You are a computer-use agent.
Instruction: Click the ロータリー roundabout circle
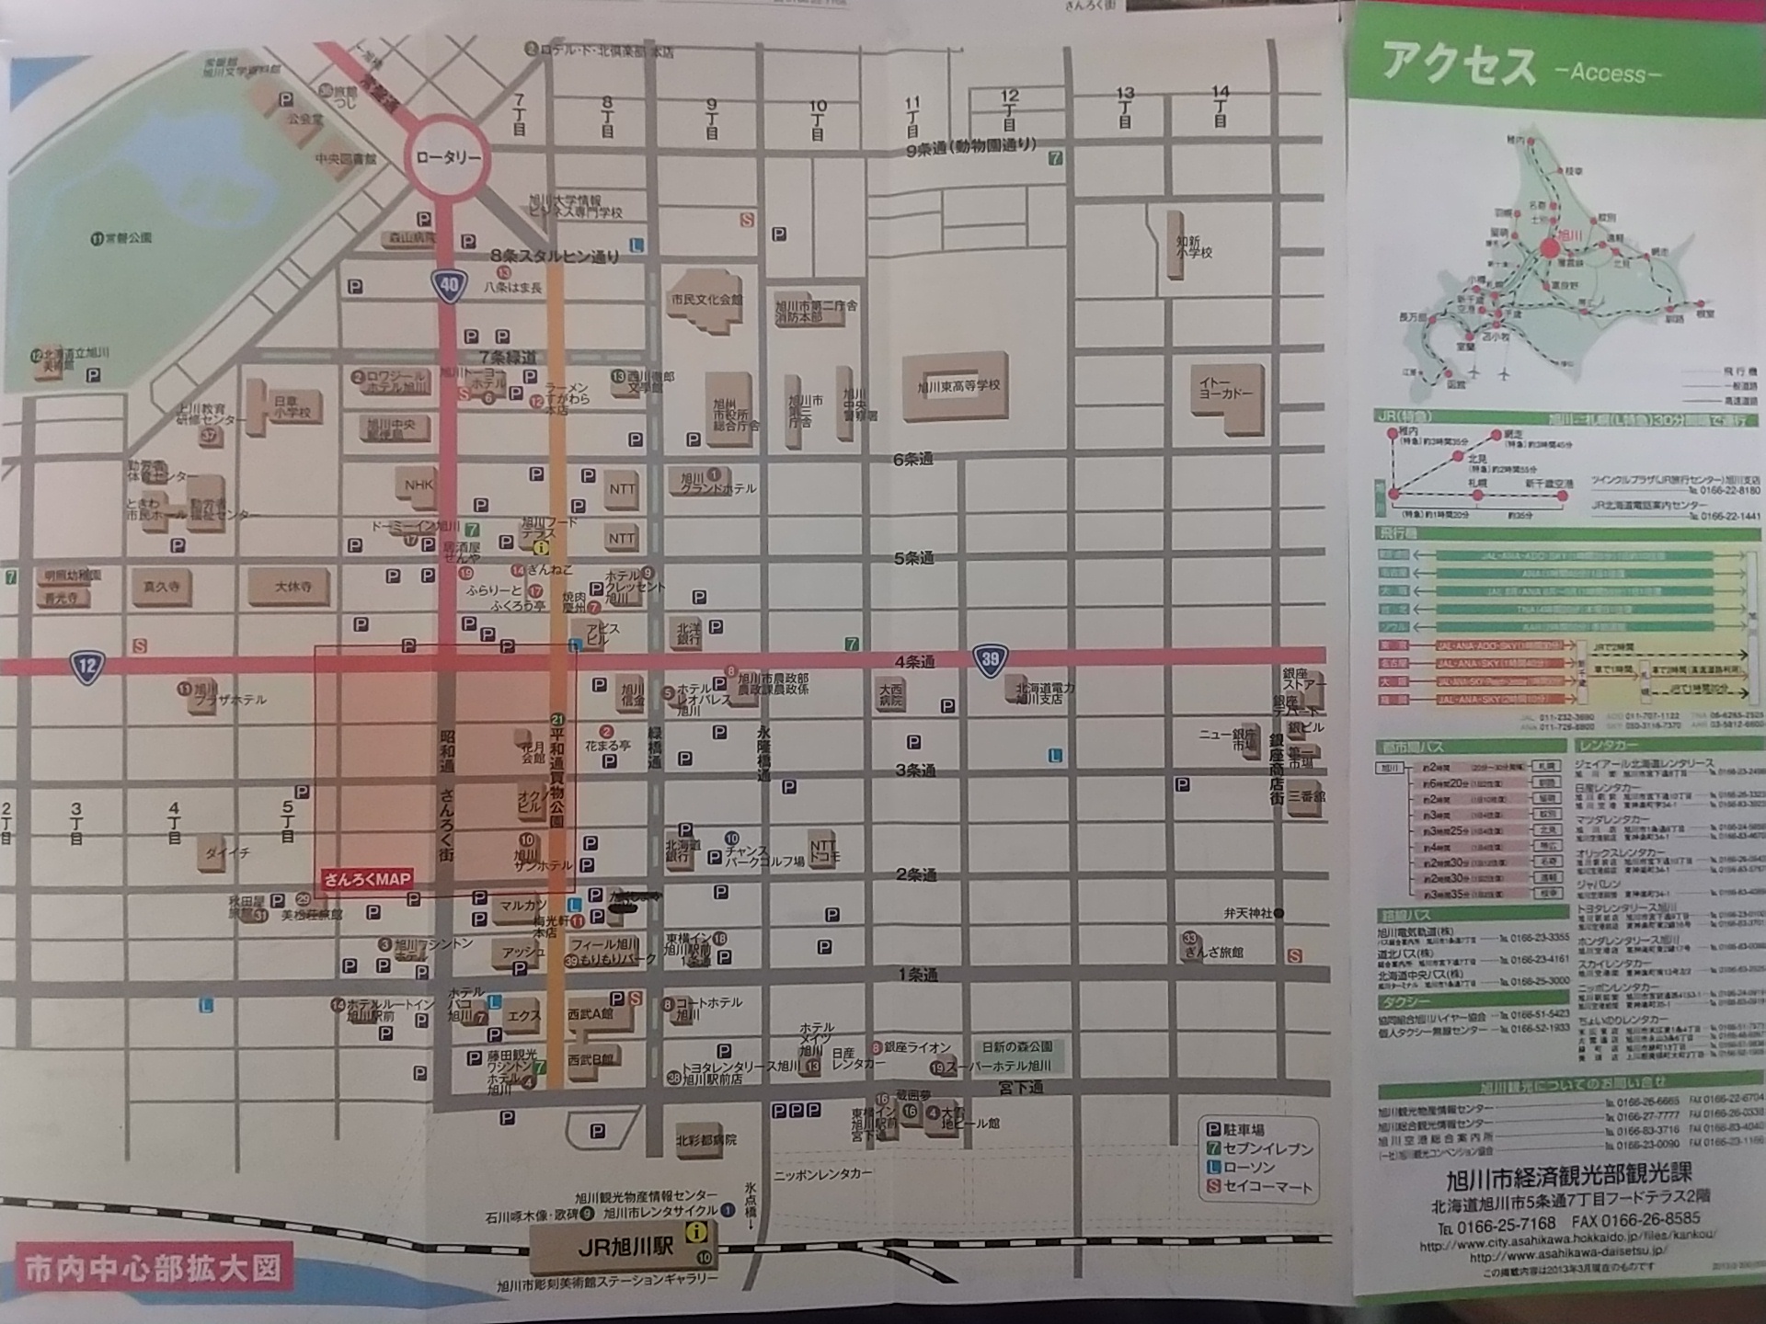[x=448, y=157]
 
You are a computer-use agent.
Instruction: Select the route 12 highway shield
[x=86, y=667]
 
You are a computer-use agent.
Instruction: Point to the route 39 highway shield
[x=990, y=660]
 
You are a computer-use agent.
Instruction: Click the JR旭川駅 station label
[x=625, y=1248]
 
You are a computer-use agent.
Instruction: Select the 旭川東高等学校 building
[x=958, y=386]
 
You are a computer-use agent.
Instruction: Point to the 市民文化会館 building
[x=705, y=300]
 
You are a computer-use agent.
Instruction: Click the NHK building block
[x=419, y=485]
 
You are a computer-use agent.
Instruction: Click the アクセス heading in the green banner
[x=1459, y=66]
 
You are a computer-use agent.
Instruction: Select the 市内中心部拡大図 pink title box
[x=152, y=1269]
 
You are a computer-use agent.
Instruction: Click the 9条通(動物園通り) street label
[x=971, y=148]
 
